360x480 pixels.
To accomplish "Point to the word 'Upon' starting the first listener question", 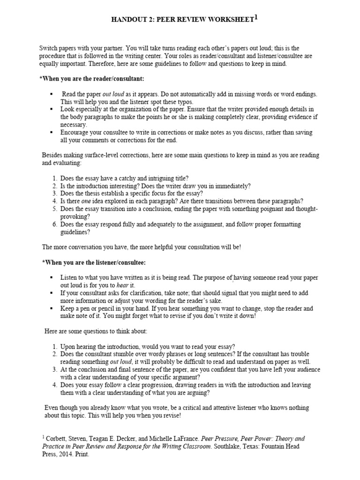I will click(68, 346).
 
